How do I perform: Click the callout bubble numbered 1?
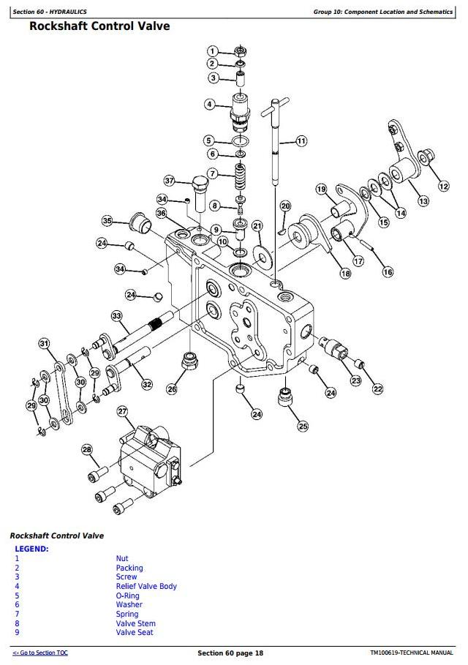(x=212, y=51)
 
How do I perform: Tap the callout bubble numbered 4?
(x=210, y=105)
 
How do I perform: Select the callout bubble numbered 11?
(x=301, y=140)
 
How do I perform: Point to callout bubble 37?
(x=170, y=181)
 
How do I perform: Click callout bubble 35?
(x=107, y=221)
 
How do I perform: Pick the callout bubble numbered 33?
(x=116, y=316)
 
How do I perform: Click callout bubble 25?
(x=303, y=426)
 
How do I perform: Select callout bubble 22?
(x=377, y=388)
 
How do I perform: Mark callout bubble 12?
(x=444, y=187)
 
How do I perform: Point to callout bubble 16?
(x=388, y=272)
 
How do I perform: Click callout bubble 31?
(x=44, y=343)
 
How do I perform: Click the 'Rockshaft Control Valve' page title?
(x=99, y=26)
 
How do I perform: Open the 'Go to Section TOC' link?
(x=40, y=653)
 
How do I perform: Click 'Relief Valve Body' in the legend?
(x=146, y=586)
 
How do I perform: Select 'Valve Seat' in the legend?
(x=135, y=632)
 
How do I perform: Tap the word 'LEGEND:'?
(x=32, y=549)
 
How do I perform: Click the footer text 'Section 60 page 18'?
(x=230, y=653)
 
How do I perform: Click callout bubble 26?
(x=172, y=389)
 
